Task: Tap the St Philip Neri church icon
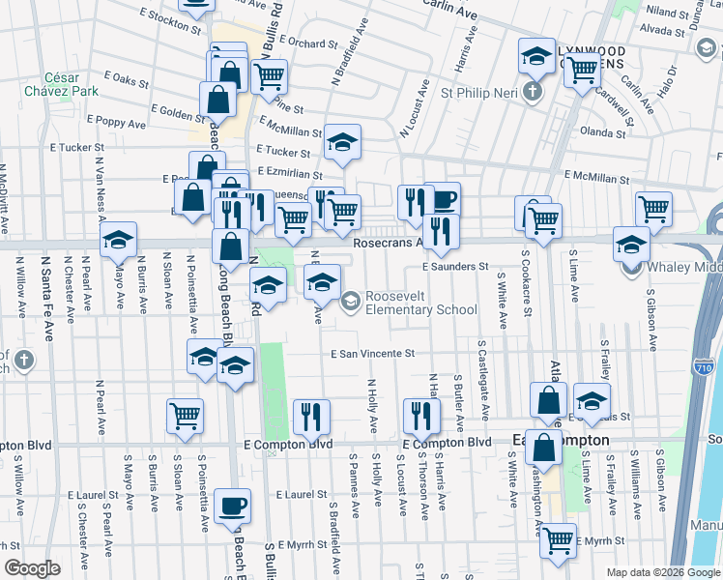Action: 531,94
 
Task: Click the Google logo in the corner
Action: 32,568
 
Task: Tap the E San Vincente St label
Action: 372,354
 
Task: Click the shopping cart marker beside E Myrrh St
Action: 559,538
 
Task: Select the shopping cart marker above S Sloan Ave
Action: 185,415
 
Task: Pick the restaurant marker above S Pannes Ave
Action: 311,416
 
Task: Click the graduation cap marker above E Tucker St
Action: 341,142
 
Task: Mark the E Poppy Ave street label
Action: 116,123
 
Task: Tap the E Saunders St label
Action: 456,266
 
